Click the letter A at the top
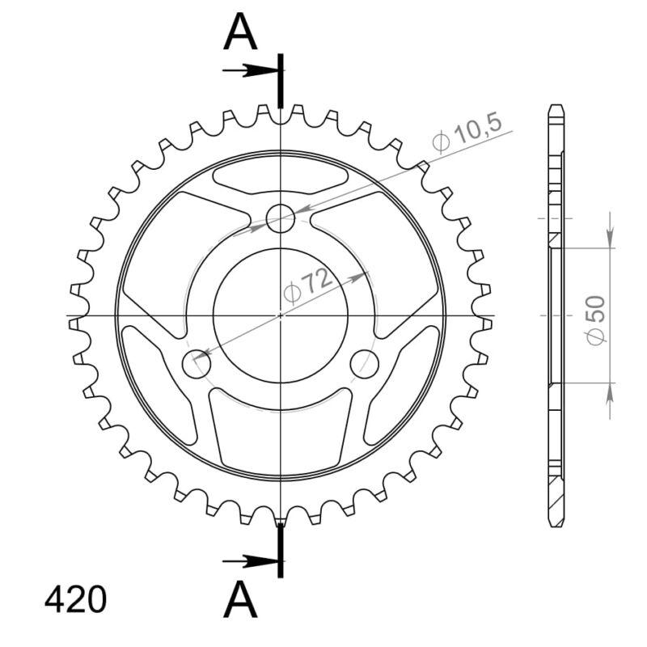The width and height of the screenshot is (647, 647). [240, 33]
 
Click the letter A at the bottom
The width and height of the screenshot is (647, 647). [240, 601]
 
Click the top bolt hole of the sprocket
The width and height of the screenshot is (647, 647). [281, 217]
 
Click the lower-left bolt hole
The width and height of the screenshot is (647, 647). [197, 364]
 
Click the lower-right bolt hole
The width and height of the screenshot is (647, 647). [366, 364]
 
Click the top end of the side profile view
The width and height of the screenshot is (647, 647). [555, 108]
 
